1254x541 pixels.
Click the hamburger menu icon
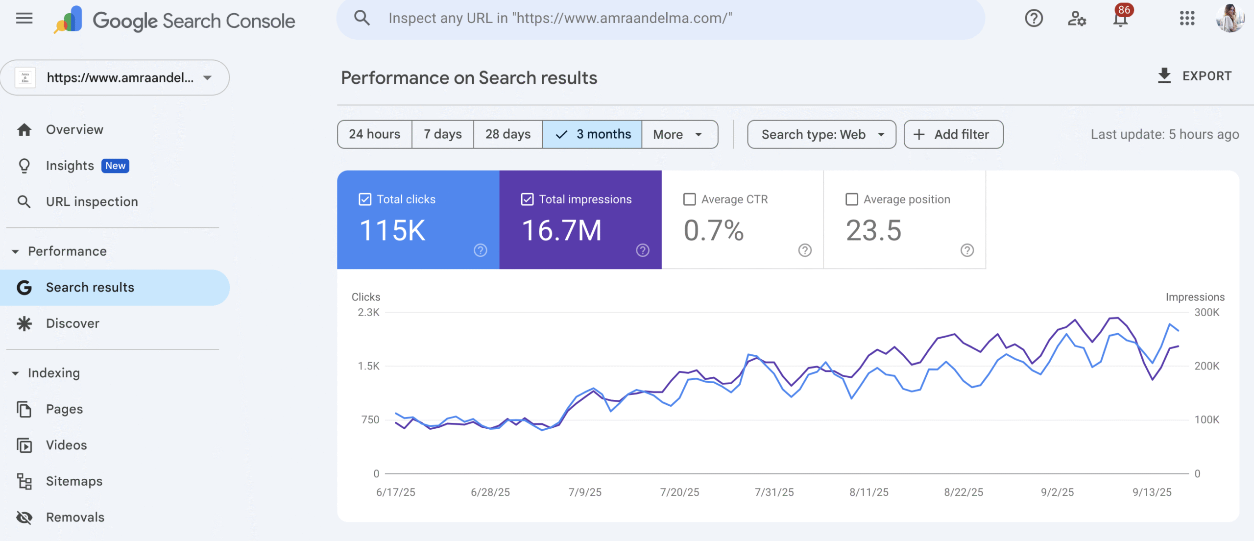coord(24,19)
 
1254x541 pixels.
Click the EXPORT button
coord(1194,76)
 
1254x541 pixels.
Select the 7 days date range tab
coord(443,134)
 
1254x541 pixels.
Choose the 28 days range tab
coord(508,134)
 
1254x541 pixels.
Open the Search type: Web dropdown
coord(821,134)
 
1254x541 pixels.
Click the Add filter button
coord(953,134)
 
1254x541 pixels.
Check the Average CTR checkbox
coord(689,199)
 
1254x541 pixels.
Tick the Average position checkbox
coord(852,199)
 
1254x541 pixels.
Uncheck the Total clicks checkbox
coord(365,199)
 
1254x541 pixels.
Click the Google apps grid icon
coord(1187,19)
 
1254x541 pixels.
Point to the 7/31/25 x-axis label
coord(774,492)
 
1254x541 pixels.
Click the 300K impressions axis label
coord(1207,313)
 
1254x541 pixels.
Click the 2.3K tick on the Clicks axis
coord(368,313)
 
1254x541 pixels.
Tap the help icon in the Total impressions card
coord(643,250)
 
